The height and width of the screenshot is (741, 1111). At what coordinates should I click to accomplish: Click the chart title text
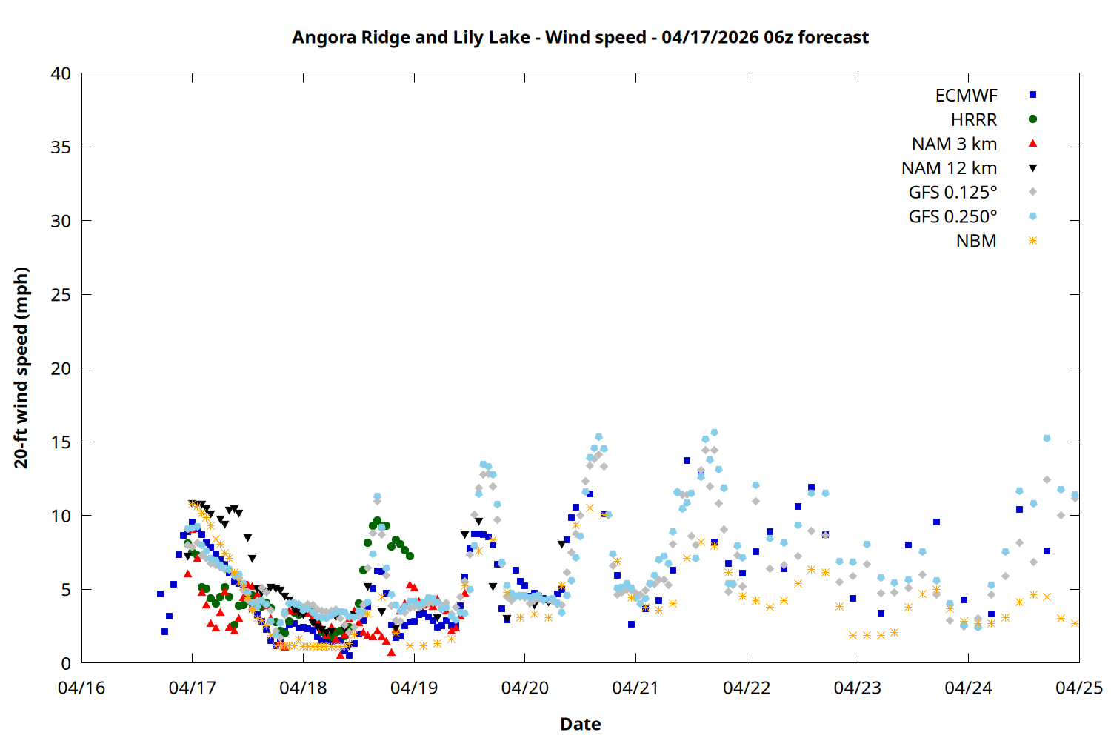(580, 37)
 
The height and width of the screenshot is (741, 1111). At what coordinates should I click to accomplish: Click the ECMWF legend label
(966, 96)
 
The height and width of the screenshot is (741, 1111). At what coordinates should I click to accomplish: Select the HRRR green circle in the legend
(1032, 119)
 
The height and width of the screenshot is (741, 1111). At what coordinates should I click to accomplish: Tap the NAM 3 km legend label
(954, 144)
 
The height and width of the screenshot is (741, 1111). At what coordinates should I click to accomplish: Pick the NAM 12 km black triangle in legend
(1032, 168)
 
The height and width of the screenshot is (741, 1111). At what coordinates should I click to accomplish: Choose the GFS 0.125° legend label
(952, 193)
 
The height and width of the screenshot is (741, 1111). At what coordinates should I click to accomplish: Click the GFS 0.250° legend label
(952, 217)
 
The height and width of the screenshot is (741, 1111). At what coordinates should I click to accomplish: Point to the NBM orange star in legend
(1032, 241)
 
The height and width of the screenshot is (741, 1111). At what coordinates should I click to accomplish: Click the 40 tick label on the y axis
(61, 74)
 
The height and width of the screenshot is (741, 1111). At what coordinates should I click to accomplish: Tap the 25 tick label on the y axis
(61, 295)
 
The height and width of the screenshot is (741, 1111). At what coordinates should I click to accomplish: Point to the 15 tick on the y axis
(61, 442)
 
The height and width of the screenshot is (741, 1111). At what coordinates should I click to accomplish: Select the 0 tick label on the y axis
(66, 664)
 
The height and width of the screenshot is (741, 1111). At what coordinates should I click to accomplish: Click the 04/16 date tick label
(81, 688)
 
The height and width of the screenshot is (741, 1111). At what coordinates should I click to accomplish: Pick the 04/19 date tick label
(414, 688)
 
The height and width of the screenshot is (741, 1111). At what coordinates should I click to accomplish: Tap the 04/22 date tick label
(747, 688)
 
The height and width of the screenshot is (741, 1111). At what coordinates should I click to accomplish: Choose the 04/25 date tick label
(1078, 688)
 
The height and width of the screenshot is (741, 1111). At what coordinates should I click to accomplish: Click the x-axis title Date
(580, 724)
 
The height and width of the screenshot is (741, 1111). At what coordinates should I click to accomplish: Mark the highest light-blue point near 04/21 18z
(714, 433)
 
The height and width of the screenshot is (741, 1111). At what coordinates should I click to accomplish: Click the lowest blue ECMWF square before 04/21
(349, 655)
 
